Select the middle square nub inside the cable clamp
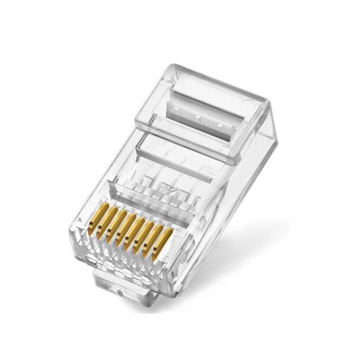(198, 116)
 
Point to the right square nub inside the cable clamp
(220, 125)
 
